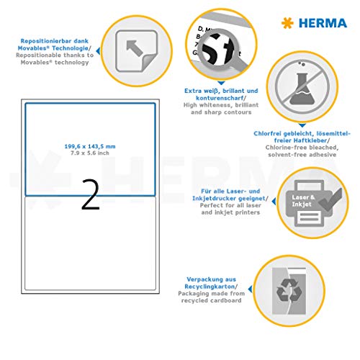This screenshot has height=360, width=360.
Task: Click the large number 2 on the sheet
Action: coord(90,196)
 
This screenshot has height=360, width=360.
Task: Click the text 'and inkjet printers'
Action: coord(217,213)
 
